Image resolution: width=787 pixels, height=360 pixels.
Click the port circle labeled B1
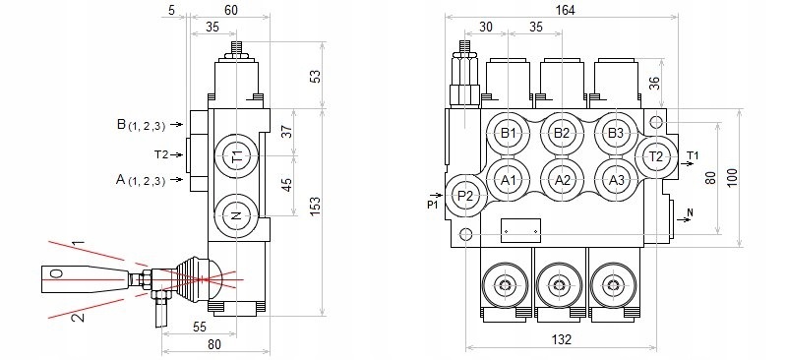coord(509,133)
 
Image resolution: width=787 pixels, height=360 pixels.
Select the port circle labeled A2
coord(562,180)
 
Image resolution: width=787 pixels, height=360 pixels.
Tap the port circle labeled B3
coord(616,133)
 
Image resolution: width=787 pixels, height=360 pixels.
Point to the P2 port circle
coord(465,196)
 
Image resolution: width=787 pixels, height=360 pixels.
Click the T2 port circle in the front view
coord(656,156)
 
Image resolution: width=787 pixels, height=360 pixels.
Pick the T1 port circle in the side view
coord(236,156)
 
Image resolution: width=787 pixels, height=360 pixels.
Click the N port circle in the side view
coord(236,215)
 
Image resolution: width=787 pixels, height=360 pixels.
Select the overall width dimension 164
coord(566,10)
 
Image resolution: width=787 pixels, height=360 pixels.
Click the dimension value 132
coord(561,339)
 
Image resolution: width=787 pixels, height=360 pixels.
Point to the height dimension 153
coord(315,207)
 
